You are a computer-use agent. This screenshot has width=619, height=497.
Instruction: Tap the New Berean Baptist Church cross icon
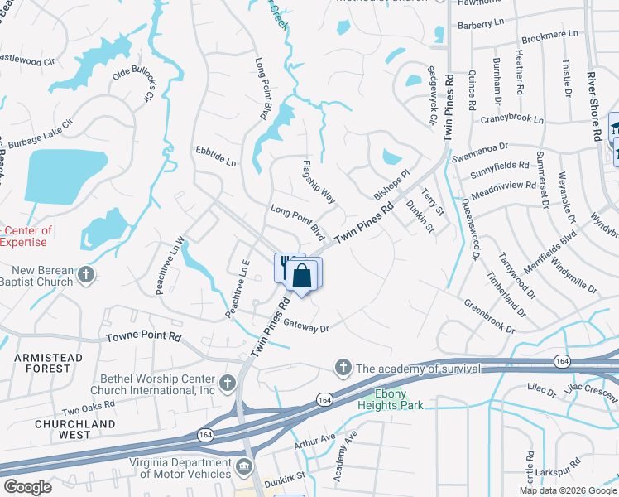click(87, 274)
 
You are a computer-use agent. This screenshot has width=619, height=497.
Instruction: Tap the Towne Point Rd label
click(143, 338)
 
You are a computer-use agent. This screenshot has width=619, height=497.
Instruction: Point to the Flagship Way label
click(319, 183)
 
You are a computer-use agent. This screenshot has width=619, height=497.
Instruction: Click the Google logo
click(27, 487)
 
